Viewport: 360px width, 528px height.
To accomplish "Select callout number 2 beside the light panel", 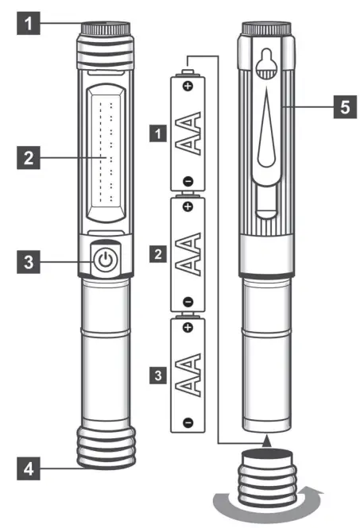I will point(28,157).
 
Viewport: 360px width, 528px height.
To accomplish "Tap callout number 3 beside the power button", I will point(28,260).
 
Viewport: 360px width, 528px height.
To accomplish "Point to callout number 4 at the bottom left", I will point(28,469).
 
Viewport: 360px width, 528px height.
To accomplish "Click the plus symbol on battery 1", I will point(188,85).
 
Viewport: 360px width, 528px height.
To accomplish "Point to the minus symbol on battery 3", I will point(188,422).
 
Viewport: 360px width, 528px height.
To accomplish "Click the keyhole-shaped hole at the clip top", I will point(267,61).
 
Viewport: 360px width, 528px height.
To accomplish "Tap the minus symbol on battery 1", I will point(188,180).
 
